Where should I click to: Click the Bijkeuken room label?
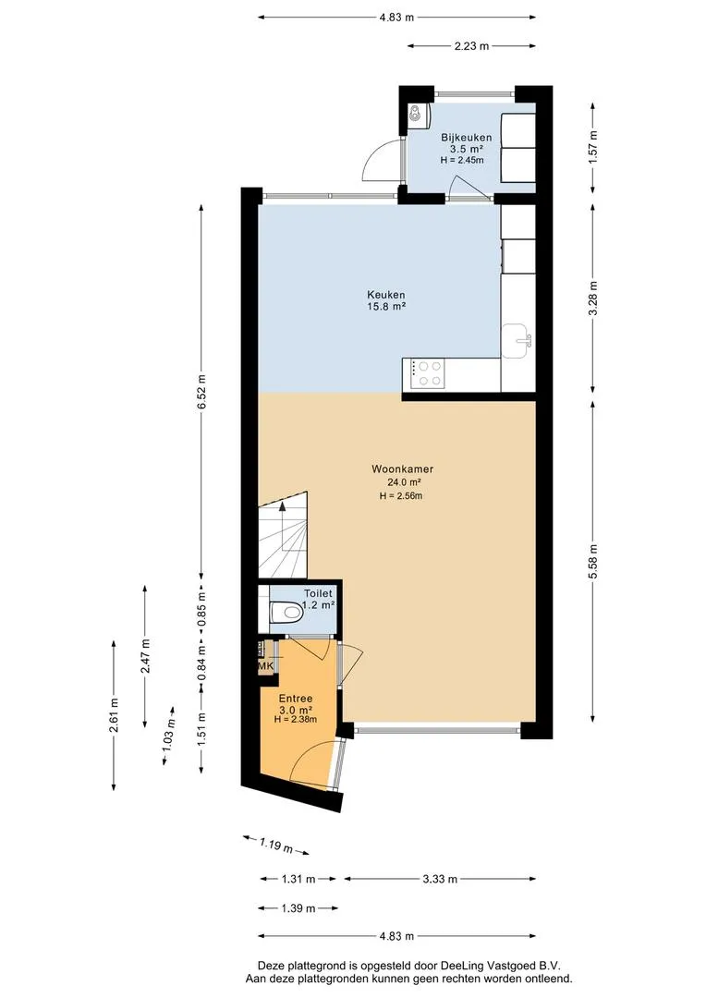467,138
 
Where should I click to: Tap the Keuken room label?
385,295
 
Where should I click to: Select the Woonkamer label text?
402,469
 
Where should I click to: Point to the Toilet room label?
318,593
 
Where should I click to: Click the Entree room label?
296,699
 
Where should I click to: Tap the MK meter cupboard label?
265,665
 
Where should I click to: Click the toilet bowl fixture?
286,613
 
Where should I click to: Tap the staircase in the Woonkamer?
284,533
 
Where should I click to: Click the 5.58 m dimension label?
593,562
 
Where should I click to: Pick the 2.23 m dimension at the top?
471,46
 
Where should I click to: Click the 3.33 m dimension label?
440,879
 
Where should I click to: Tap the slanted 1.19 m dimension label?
276,846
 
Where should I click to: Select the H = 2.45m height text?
462,161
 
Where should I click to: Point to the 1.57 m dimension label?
593,147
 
